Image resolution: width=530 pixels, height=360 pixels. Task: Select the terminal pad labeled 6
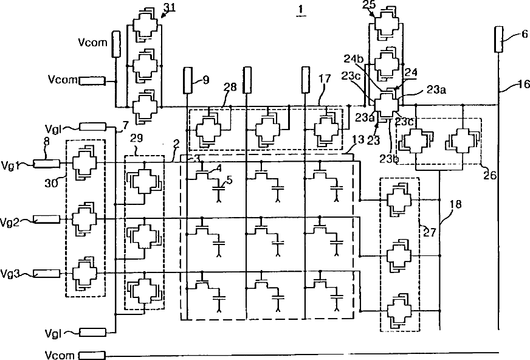[500, 40]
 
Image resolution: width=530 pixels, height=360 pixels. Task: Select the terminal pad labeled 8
[46, 163]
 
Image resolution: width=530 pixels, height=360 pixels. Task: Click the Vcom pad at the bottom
[91, 355]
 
